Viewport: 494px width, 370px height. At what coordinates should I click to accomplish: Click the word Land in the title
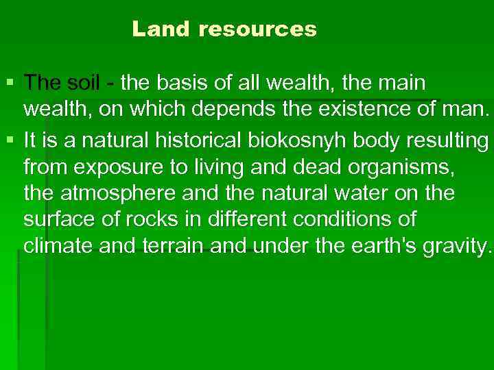(x=158, y=29)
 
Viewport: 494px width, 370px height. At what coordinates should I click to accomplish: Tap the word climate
(x=58, y=245)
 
